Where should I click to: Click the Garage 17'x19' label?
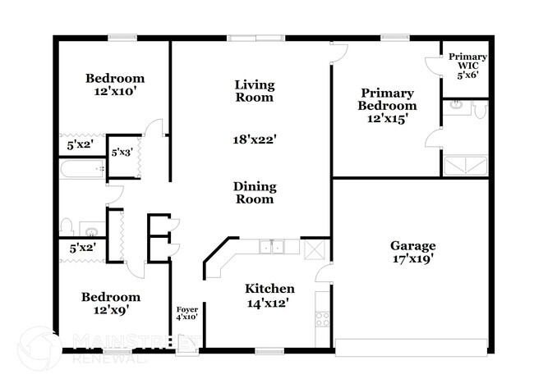coord(412,252)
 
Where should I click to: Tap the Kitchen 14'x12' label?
coord(269,295)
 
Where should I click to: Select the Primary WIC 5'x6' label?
coord(467,66)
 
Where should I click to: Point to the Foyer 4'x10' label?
coord(187,313)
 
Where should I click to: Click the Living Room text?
coord(255,91)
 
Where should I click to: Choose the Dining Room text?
coord(255,193)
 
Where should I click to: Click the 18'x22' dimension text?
coord(255,139)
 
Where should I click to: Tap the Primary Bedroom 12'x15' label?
coord(387,106)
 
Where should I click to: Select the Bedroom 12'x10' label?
coord(115,84)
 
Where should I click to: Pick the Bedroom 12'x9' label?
coord(111,304)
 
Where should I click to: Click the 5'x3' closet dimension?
coord(122,153)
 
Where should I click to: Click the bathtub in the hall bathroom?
coord(82,169)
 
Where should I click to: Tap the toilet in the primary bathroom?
coord(481,109)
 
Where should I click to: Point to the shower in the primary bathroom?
coord(465,166)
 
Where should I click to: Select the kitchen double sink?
coord(271,246)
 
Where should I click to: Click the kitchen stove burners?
coord(322,319)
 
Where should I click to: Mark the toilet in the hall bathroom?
coord(67,227)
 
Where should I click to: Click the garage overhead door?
coord(411,348)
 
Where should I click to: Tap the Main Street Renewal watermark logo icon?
coord(39,348)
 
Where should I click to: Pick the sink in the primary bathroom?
coord(456,106)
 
